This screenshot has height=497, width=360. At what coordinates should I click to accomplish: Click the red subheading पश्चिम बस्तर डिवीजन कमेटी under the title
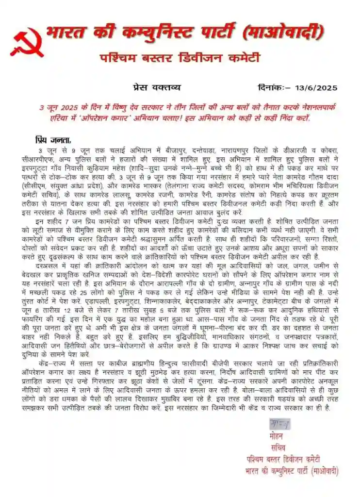(x=180, y=58)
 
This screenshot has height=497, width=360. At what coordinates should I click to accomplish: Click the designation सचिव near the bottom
(x=278, y=447)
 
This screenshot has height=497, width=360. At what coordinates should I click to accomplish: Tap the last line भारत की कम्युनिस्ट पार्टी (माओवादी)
(x=292, y=471)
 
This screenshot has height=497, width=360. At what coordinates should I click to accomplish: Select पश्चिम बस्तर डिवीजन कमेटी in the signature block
(x=283, y=460)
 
